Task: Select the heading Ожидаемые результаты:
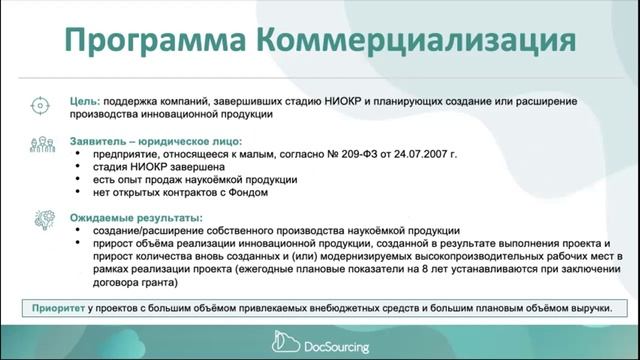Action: [x=136, y=217]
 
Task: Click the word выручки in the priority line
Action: [x=589, y=308]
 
